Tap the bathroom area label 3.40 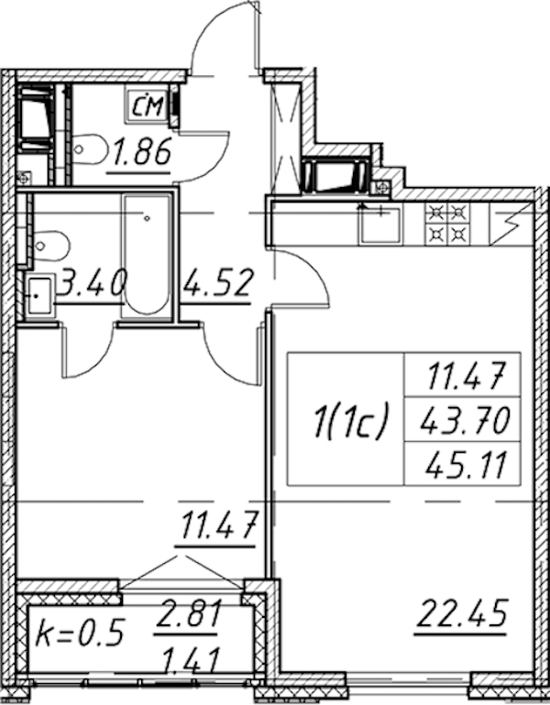tap(91, 282)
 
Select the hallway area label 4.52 tap(217, 282)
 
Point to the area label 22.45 tap(462, 612)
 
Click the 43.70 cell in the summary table tap(465, 420)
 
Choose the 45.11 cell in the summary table tap(465, 465)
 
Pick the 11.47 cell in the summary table tap(465, 376)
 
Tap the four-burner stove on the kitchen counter tap(448, 224)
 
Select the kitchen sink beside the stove tap(379, 225)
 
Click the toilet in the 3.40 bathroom tap(50, 246)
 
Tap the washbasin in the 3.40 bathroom tap(39, 296)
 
